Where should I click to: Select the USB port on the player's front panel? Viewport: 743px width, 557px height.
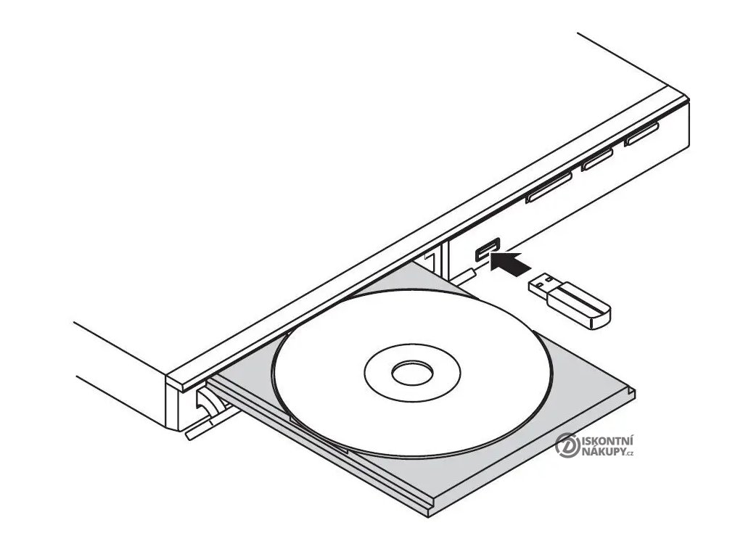coord(486,249)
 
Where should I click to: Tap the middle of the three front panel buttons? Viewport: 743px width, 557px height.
coord(598,160)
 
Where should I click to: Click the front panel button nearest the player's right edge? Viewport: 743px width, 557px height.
coord(641,133)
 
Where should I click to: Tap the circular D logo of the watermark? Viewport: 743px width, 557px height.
coord(567,445)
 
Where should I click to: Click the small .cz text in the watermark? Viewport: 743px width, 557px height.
coord(632,454)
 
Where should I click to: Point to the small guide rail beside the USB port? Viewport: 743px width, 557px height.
coord(464,276)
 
